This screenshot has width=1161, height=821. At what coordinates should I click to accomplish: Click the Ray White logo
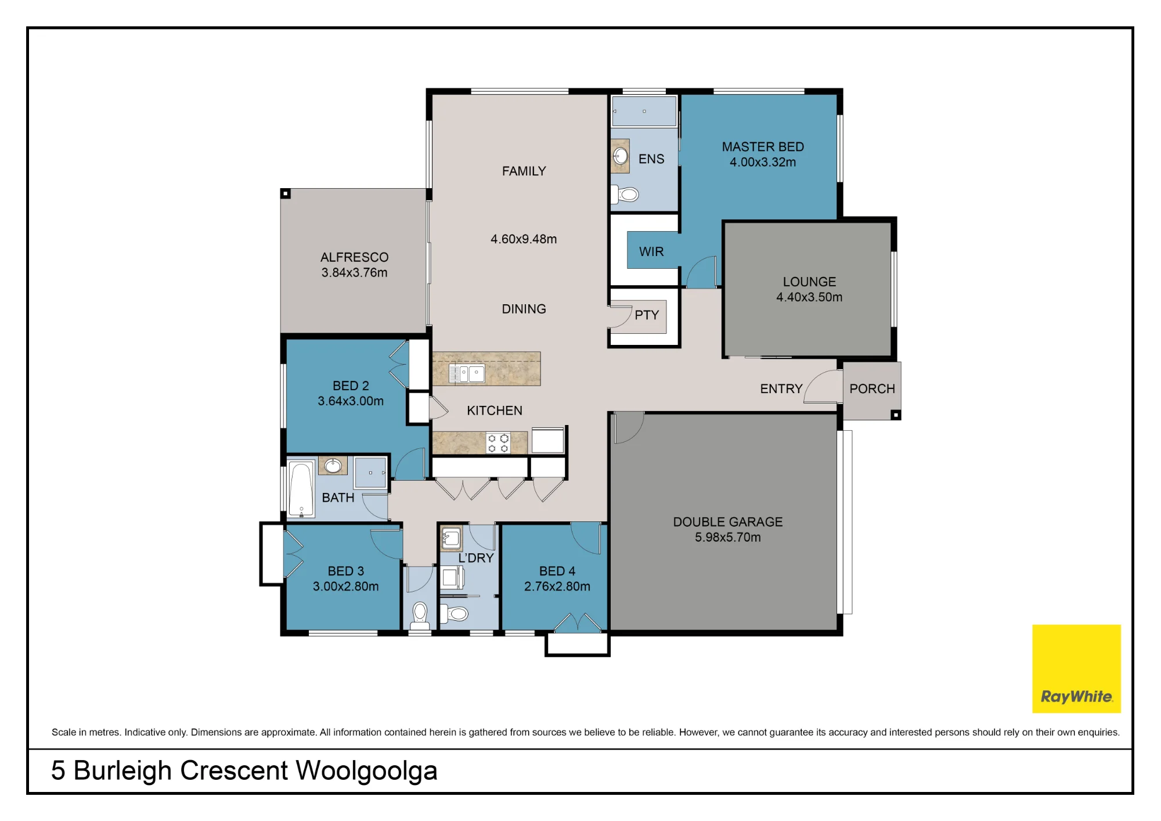1076,668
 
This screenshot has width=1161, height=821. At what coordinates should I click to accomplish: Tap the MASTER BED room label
763,147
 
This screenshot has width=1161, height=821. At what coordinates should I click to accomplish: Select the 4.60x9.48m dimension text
524,239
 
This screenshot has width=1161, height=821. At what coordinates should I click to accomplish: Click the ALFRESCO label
354,257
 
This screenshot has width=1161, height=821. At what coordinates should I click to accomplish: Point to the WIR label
651,252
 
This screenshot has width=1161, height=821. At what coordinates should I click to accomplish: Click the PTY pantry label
647,315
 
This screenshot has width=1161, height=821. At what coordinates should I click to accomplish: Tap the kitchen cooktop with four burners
498,443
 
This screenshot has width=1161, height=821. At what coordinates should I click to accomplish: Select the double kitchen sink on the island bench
467,373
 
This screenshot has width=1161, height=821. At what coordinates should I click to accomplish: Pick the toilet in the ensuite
626,195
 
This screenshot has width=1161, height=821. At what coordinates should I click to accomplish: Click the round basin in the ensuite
621,156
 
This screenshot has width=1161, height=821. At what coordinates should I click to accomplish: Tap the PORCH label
872,389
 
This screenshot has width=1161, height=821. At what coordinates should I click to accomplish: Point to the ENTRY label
781,389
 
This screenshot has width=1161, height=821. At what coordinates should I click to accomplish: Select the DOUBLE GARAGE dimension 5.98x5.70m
728,538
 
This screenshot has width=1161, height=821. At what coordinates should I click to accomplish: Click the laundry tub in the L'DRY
451,538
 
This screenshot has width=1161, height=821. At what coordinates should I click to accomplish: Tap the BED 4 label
557,571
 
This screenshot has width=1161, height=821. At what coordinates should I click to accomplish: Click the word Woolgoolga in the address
367,772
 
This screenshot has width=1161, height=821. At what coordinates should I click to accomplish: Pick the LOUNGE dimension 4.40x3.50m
809,297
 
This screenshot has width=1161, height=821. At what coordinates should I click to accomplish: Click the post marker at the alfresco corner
286,193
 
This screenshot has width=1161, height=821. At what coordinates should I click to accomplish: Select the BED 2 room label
351,386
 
